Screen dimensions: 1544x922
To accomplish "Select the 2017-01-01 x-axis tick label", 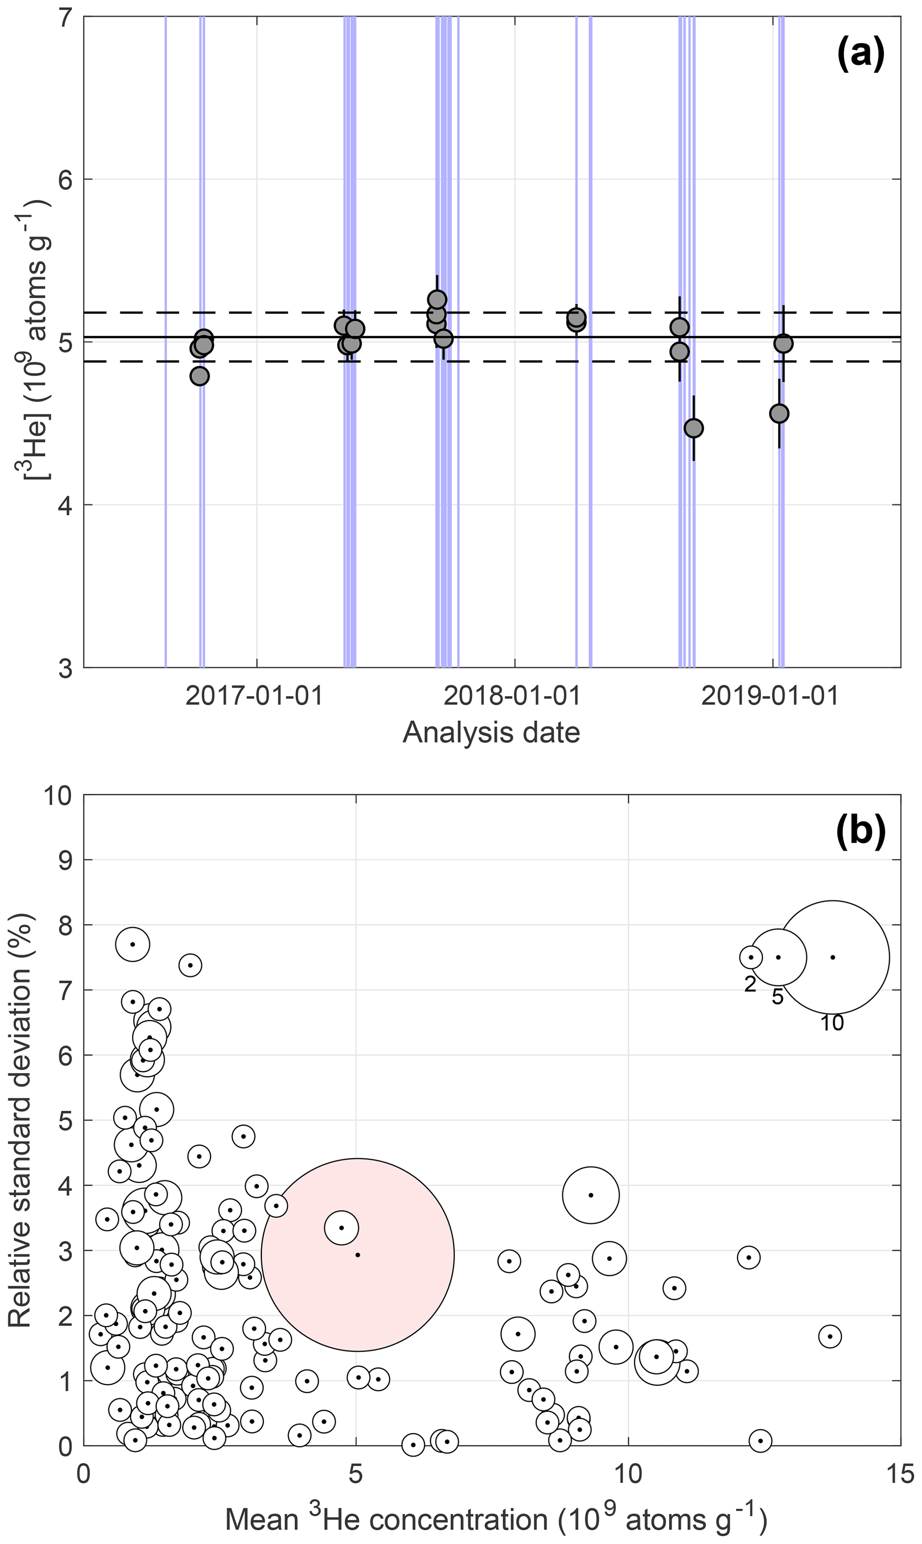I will click(x=255, y=696).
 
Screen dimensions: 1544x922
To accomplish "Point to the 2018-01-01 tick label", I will click(x=513, y=696).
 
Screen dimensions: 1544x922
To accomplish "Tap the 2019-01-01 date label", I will click(x=770, y=696).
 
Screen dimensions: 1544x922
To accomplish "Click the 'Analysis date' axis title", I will click(x=491, y=733).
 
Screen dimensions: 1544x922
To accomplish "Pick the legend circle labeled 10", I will click(x=832, y=957).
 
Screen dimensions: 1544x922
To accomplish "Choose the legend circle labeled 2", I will click(x=751, y=957).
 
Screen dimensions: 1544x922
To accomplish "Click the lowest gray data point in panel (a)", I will click(x=693, y=428).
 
